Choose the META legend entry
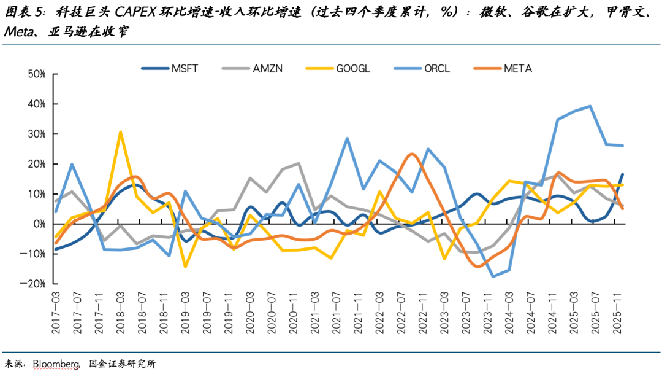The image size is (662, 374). pyautogui.click(x=518, y=69)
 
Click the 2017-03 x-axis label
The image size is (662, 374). pyautogui.click(x=56, y=313)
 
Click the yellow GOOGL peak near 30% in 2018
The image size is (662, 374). pyautogui.click(x=120, y=132)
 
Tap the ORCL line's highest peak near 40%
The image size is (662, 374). pyautogui.click(x=590, y=106)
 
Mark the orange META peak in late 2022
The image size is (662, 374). pyautogui.click(x=411, y=154)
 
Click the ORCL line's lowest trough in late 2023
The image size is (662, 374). pyautogui.click(x=493, y=276)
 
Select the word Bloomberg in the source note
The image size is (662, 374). pyautogui.click(x=53, y=364)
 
